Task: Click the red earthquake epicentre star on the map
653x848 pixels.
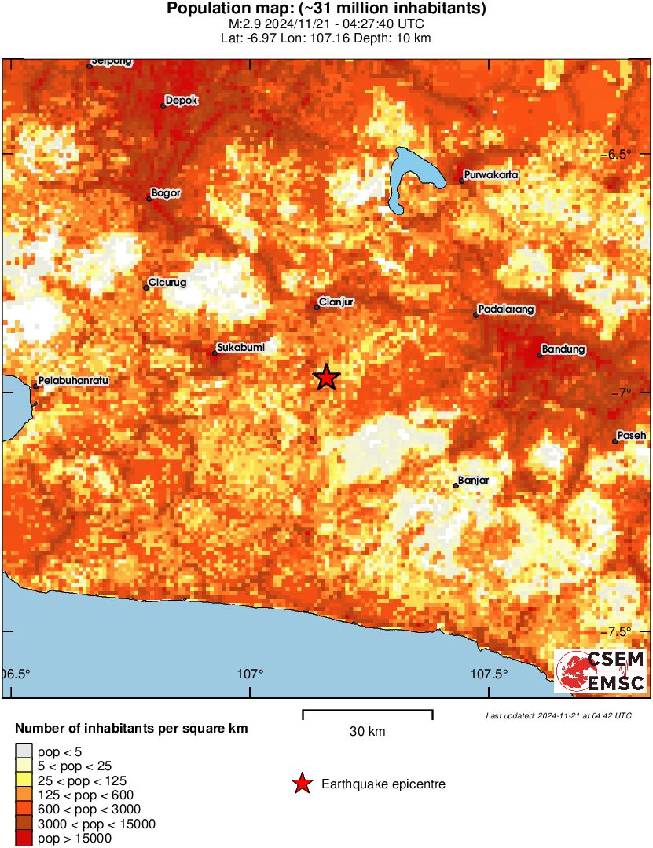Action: point(326,378)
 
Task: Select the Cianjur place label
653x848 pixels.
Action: point(338,301)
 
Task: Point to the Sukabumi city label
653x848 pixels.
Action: point(239,346)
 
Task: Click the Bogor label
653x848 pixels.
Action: point(166,192)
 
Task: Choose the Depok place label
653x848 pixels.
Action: point(182,101)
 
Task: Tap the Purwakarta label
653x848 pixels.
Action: point(491,174)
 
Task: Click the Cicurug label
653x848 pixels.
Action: point(167,283)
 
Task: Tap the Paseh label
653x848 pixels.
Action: point(632,435)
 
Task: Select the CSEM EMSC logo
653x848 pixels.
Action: point(600,671)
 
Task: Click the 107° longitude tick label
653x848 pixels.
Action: point(251,674)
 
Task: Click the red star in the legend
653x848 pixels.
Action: point(301,784)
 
